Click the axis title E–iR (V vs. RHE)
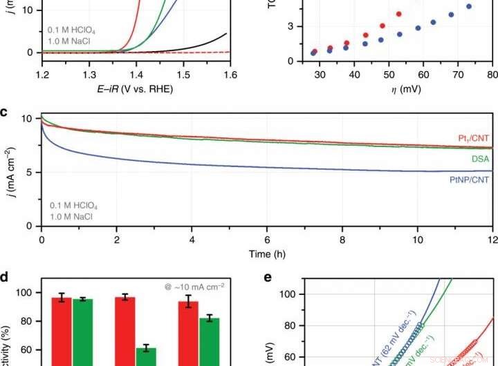click(136, 89)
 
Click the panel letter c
click(4, 111)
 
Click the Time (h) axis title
click(267, 254)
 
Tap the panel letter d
click(5, 276)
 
